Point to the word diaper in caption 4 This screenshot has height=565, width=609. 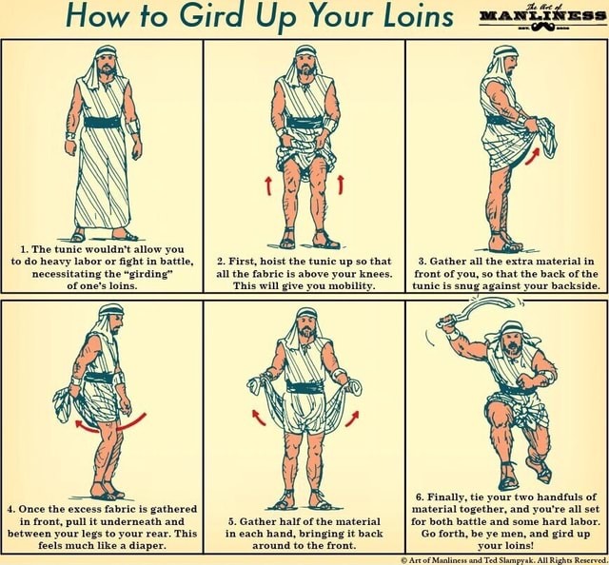tap(145, 547)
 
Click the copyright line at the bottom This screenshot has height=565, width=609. tap(502, 559)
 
